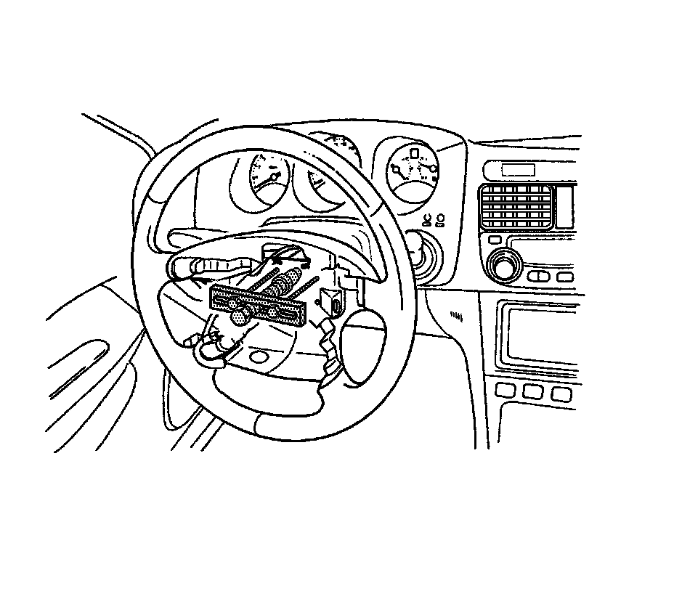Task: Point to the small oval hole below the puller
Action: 258,357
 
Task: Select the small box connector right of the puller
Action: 330,299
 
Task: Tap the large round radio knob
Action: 503,265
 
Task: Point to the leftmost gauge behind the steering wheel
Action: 267,179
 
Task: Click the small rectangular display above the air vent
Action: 517,170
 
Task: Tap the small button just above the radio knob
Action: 495,240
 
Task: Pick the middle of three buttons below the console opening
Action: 532,393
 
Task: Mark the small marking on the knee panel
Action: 456,316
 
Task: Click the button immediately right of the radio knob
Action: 537,277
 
